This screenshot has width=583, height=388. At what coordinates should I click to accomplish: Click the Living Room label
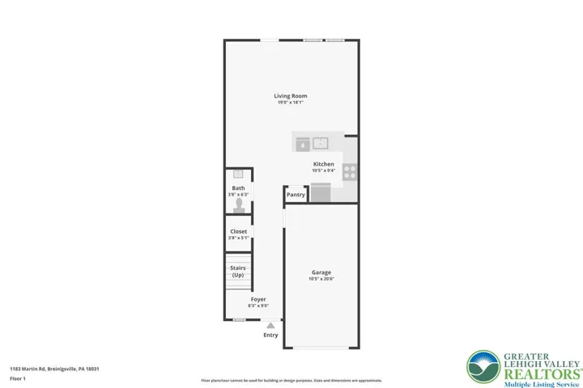pyautogui.click(x=291, y=96)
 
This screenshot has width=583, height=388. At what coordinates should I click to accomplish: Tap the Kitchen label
pyautogui.click(x=323, y=164)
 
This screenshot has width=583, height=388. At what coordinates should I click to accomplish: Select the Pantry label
pyautogui.click(x=296, y=195)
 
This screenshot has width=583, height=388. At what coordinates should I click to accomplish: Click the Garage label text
pyautogui.click(x=321, y=272)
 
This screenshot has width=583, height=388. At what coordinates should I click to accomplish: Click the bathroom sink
pyautogui.click(x=238, y=174)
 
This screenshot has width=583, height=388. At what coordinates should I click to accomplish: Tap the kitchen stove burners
pyautogui.click(x=350, y=171)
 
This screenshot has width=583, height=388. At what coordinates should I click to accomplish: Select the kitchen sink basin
pyautogui.click(x=320, y=144)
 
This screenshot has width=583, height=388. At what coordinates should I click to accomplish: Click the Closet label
pyautogui.click(x=238, y=231)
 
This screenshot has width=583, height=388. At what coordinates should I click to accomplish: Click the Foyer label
pyautogui.click(x=257, y=299)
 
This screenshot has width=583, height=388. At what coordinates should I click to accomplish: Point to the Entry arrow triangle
pyautogui.click(x=270, y=325)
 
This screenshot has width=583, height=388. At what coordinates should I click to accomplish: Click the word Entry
pyautogui.click(x=270, y=335)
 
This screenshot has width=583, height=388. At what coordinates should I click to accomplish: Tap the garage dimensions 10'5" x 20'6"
pyautogui.click(x=321, y=280)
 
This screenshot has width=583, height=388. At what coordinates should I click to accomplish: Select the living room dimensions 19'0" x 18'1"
pyautogui.click(x=291, y=103)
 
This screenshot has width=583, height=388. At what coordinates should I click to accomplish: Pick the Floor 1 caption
pyautogui.click(x=18, y=378)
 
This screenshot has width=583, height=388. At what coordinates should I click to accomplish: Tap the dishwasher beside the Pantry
pyautogui.click(x=321, y=192)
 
